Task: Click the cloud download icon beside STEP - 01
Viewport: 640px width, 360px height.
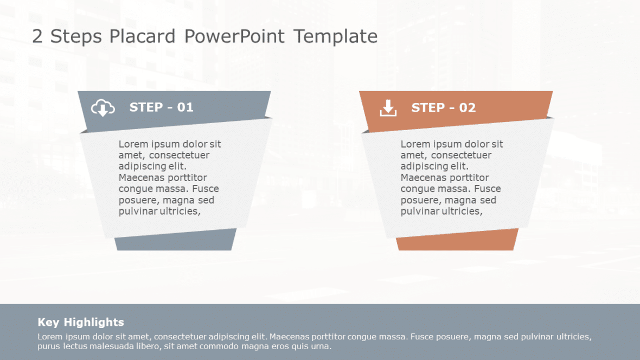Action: [103, 108]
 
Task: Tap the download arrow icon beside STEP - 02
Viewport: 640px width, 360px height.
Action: [388, 108]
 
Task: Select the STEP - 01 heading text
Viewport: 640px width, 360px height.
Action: [161, 107]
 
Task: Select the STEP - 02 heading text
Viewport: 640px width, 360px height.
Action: [443, 108]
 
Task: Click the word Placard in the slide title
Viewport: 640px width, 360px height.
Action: [142, 37]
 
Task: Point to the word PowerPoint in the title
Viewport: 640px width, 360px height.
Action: [234, 37]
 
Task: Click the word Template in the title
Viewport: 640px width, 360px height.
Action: [335, 37]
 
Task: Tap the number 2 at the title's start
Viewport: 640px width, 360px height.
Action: [37, 37]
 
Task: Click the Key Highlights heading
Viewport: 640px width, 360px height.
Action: [81, 322]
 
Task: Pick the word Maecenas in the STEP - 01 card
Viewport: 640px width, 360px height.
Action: [138, 178]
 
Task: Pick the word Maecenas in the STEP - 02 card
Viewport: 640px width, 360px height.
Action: [420, 178]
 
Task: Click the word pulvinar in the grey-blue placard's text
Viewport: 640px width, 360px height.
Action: [138, 211]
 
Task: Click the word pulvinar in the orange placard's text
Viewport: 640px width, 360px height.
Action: [420, 211]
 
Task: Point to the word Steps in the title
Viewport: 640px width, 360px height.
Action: [76, 37]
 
